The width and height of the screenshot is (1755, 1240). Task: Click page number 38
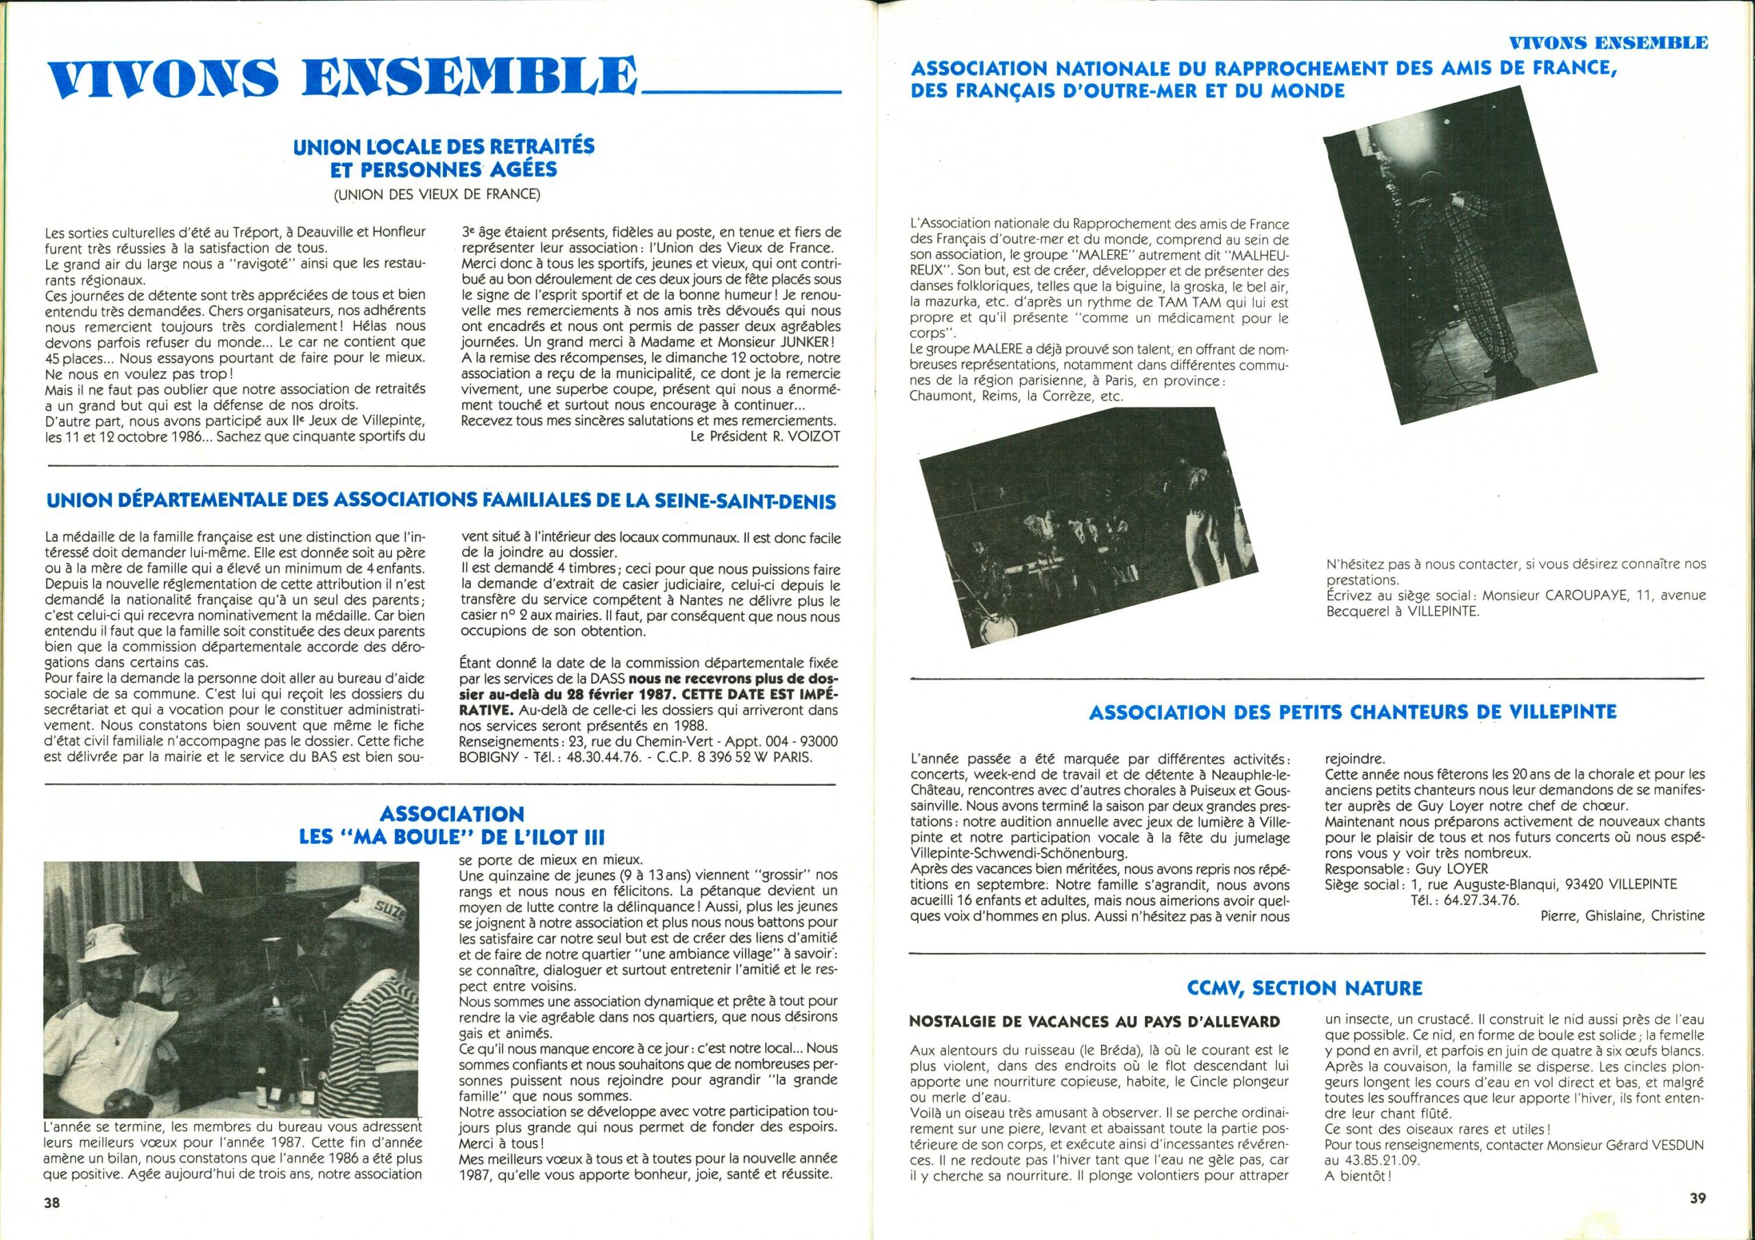click(x=52, y=1202)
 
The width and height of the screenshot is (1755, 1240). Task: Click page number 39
click(x=1691, y=1199)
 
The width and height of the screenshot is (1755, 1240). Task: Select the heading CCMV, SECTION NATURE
click(x=1305, y=989)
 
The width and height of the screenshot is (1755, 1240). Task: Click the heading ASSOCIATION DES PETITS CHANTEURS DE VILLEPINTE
click(x=1352, y=712)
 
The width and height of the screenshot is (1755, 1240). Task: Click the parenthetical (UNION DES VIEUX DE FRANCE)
click(x=437, y=194)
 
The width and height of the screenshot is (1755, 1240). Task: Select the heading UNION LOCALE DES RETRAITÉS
click(x=448, y=146)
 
